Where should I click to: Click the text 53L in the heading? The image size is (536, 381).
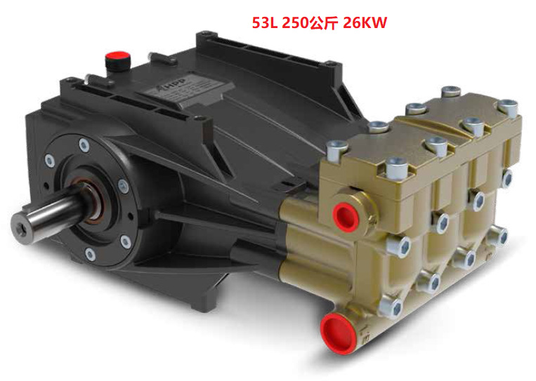tap(265, 22)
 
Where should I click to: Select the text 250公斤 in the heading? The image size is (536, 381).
tap(310, 22)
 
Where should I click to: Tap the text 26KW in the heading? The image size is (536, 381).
tap(365, 22)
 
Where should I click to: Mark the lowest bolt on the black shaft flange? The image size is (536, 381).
tap(90, 253)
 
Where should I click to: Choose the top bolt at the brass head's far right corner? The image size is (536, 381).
tap(507, 106)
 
